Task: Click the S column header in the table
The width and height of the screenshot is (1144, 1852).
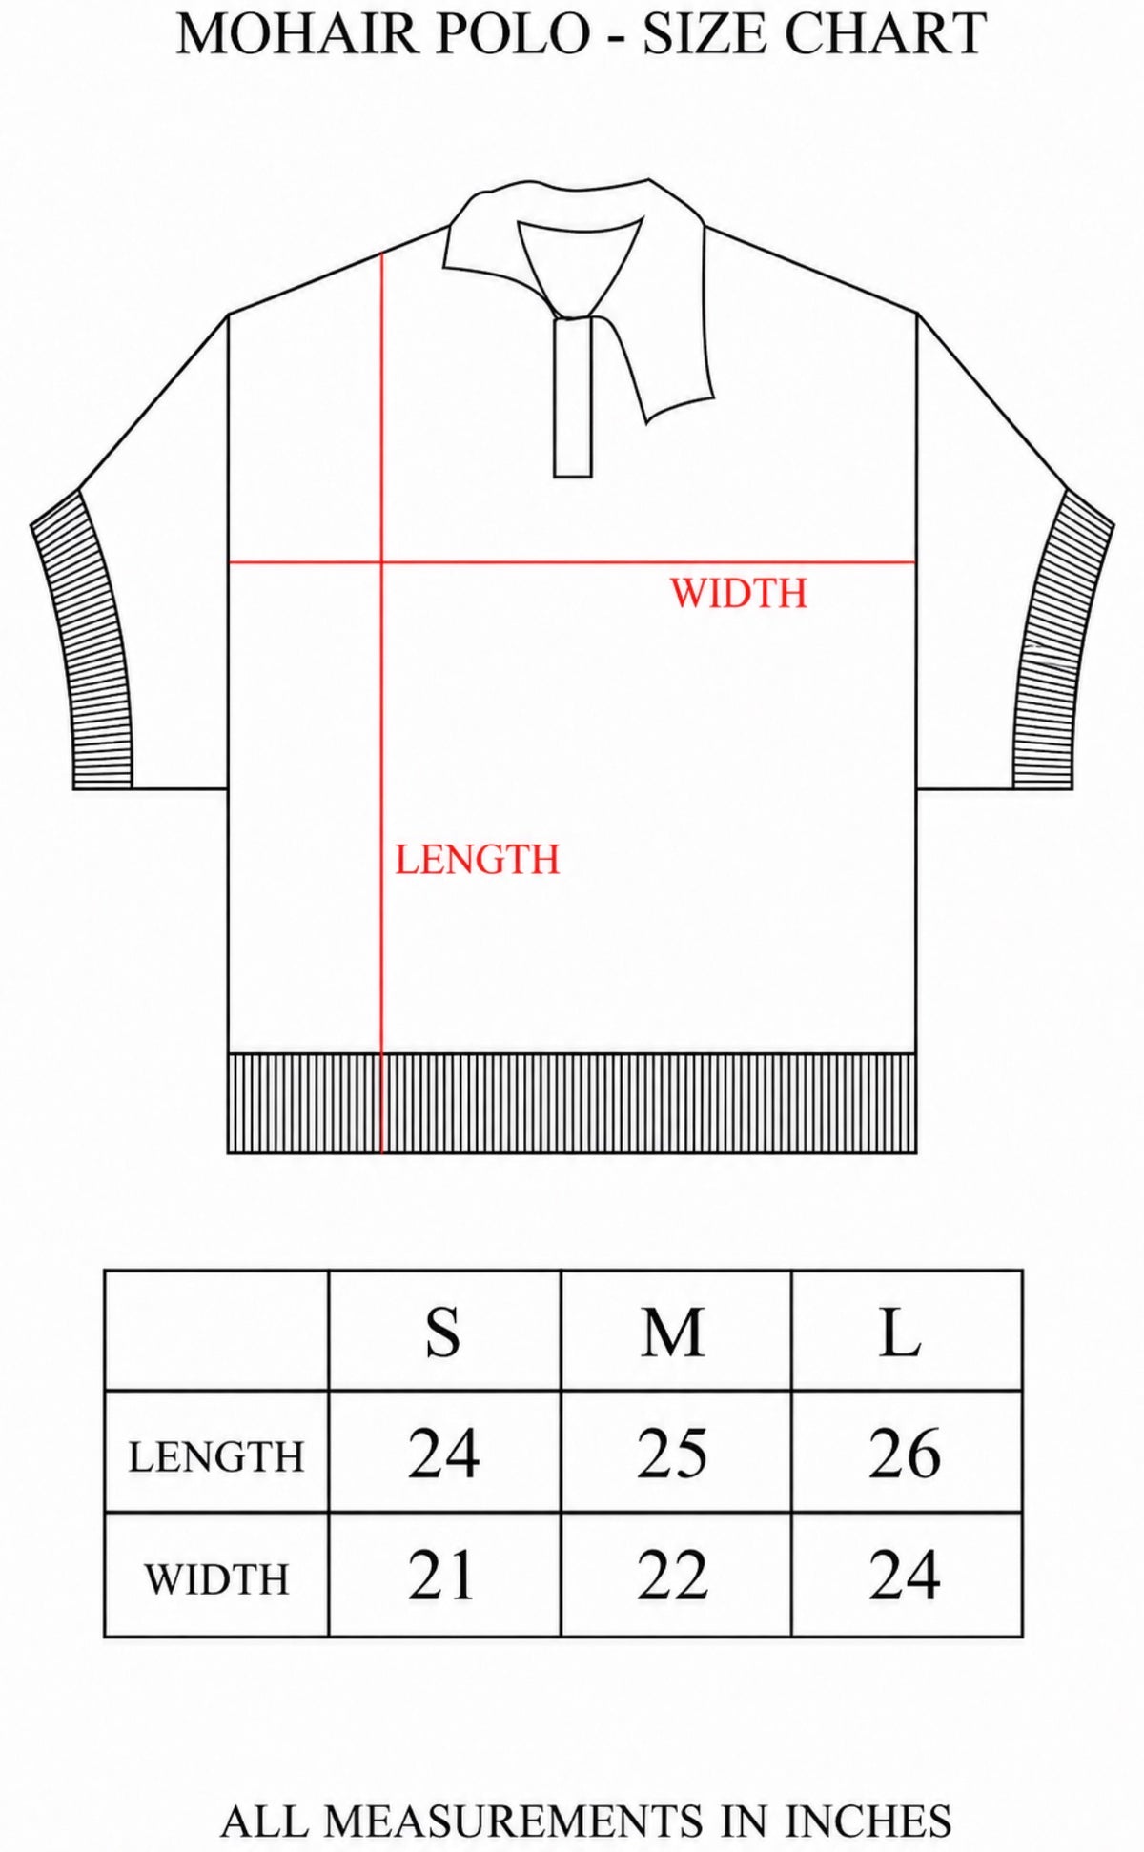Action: [x=443, y=1332]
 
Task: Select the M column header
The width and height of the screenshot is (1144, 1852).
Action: [x=673, y=1332]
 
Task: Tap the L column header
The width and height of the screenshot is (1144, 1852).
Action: [x=901, y=1332]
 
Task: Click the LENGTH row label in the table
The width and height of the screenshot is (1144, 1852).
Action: [x=216, y=1456]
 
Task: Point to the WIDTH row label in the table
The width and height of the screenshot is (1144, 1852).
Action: [x=216, y=1579]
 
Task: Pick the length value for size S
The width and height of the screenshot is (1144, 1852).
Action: [x=443, y=1454]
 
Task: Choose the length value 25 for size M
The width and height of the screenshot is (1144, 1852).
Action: [x=673, y=1454]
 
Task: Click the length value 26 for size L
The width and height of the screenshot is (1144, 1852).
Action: [x=905, y=1454]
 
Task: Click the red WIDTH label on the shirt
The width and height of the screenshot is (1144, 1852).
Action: [x=739, y=593]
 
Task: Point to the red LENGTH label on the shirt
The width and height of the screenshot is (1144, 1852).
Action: [x=478, y=860]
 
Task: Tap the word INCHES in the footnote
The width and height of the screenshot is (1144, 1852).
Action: [x=868, y=1820]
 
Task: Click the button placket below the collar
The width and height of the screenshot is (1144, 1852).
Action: [x=573, y=397]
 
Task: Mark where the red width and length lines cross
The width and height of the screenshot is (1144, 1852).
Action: [x=382, y=562]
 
